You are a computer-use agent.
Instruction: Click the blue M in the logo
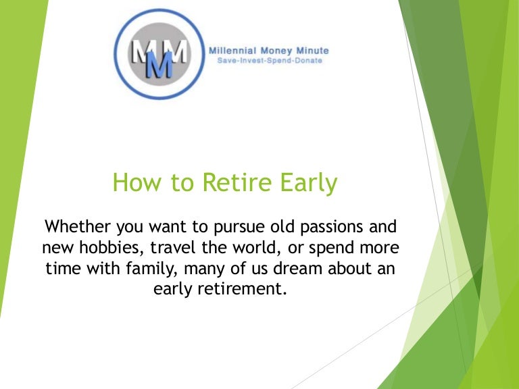point(159,64)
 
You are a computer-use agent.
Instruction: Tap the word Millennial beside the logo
point(232,51)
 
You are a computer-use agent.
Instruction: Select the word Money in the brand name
point(276,51)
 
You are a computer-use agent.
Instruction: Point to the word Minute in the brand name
point(312,51)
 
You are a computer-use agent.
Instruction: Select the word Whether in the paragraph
point(78,227)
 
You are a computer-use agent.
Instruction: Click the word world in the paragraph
point(255,247)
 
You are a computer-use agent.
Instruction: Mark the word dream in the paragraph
point(297,268)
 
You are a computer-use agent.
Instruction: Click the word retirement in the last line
point(242,289)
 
